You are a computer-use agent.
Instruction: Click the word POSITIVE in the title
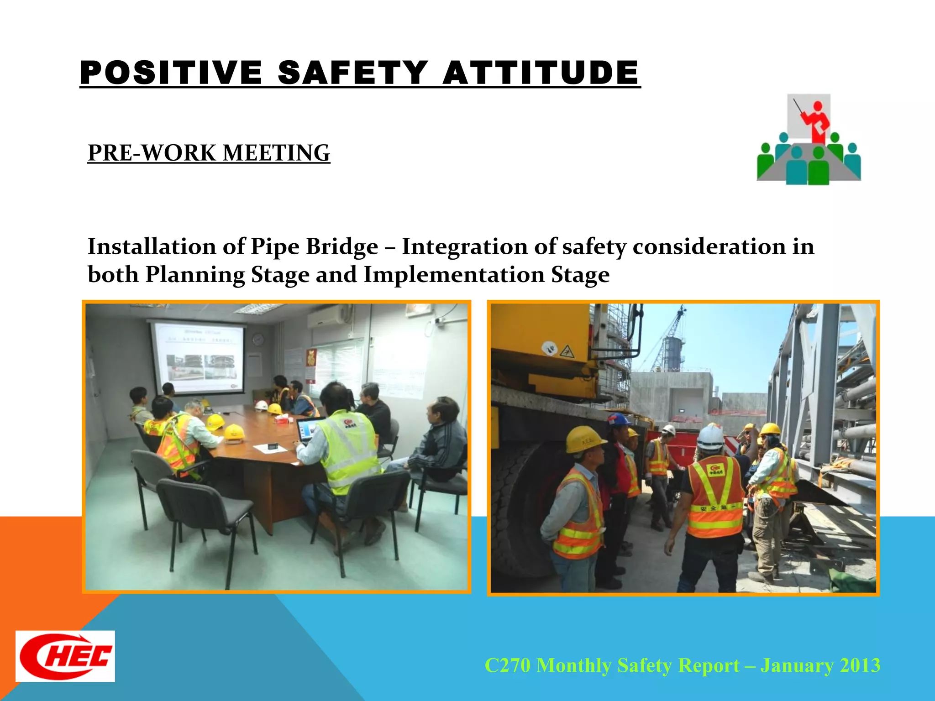coord(171,73)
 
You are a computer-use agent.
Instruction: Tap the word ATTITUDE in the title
coord(541,73)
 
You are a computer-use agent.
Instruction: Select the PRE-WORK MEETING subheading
coord(209,153)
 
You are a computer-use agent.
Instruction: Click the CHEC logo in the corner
coord(65,656)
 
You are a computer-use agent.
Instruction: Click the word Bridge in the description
coord(342,247)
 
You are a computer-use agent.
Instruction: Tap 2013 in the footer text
coord(860,665)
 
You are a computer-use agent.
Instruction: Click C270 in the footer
coord(507,665)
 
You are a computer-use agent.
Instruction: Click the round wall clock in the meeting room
coord(258,339)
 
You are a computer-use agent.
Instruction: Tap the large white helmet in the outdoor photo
coord(710,438)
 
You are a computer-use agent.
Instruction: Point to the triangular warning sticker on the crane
coord(567,351)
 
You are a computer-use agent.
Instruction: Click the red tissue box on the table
coord(282,419)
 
